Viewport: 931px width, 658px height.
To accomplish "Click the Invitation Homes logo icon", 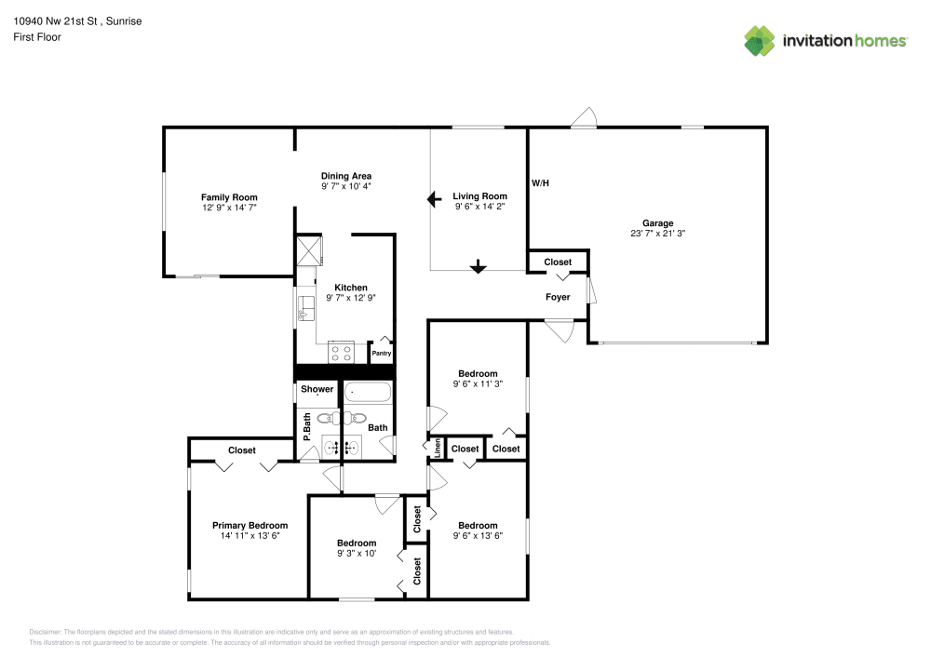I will click(760, 41).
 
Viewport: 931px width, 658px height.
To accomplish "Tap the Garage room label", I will click(657, 223).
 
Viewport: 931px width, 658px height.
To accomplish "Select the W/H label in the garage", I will click(540, 183).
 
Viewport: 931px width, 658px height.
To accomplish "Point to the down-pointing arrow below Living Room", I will click(478, 266).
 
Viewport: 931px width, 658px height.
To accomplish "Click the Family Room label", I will click(229, 197).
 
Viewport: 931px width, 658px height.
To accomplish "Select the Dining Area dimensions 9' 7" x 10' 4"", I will click(346, 186).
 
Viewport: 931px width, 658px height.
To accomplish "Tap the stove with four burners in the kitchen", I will click(341, 353).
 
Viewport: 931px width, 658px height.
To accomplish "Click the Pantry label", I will click(382, 354).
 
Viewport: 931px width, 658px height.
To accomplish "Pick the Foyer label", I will click(558, 298).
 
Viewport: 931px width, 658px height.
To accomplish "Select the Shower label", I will click(317, 389).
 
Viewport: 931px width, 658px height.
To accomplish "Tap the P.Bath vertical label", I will click(306, 426).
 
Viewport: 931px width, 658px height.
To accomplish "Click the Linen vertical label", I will click(437, 449).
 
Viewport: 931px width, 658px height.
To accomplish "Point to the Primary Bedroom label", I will click(250, 525).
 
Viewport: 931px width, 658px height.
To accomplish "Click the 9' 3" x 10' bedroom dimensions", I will click(357, 554).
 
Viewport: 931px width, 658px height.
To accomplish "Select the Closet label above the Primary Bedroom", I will click(242, 450).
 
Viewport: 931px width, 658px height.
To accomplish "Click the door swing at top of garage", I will click(584, 118).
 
